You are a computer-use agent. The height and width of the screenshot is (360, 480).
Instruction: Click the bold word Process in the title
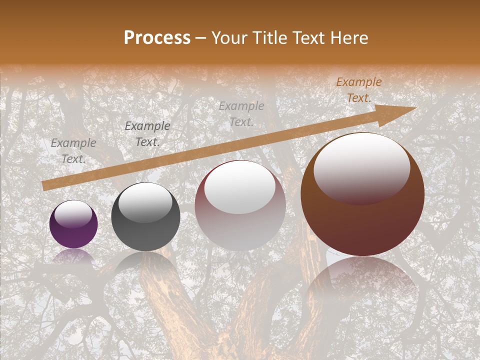click(157, 37)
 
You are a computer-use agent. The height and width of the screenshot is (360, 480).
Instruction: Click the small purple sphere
click(73, 224)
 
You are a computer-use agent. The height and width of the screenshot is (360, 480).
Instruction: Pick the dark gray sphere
click(145, 217)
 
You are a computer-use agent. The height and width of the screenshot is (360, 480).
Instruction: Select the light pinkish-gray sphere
click(240, 205)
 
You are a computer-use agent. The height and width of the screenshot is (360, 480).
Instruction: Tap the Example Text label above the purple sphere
click(73, 151)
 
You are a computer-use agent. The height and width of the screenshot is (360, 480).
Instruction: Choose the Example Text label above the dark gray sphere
click(147, 134)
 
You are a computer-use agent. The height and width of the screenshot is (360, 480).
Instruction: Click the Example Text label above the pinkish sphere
click(241, 114)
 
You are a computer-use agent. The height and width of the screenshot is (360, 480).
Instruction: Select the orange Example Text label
click(359, 90)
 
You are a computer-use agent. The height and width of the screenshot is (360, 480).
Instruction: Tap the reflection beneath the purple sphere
click(73, 256)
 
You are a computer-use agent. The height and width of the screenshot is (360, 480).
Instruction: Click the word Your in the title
click(230, 37)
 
